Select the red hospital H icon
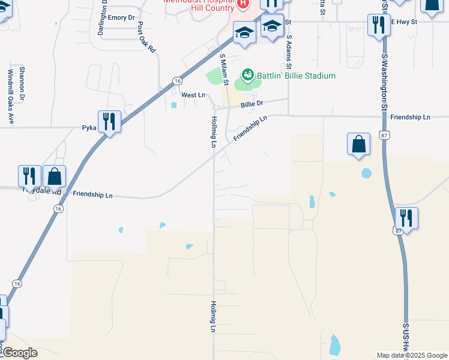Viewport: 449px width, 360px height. point(243,4)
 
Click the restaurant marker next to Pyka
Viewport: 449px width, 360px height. point(109,122)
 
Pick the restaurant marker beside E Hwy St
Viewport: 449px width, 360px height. point(379,25)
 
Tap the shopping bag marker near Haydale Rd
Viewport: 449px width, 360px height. point(54,176)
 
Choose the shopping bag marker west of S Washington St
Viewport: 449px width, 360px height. point(358,145)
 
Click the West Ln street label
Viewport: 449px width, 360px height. point(193,95)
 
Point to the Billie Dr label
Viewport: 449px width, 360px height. point(252,104)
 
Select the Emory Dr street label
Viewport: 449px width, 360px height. point(122,18)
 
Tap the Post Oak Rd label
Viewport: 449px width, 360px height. point(146,37)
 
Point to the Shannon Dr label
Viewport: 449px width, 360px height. point(22,83)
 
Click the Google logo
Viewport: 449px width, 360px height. point(19,353)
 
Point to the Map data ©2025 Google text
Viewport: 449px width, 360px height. point(412,355)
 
